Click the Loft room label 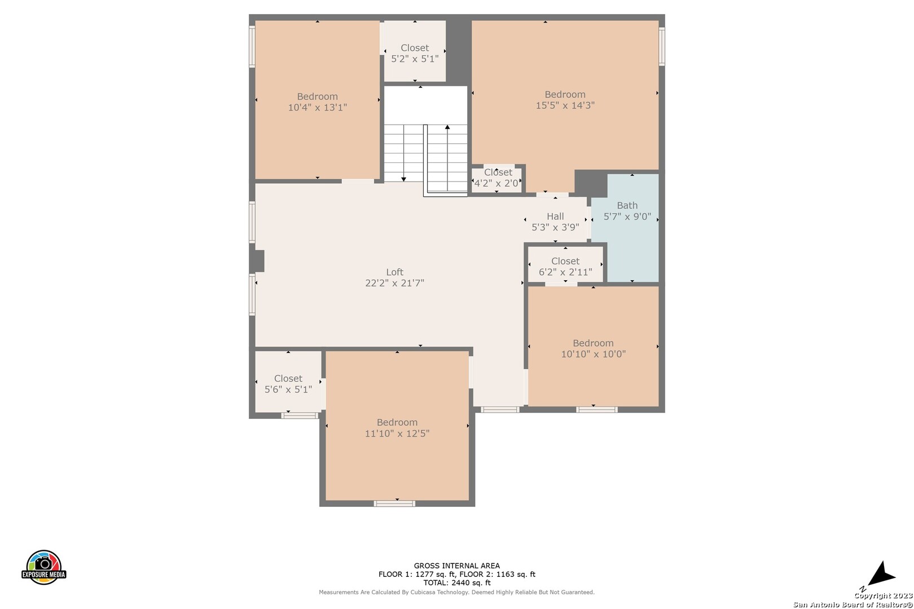point(394,272)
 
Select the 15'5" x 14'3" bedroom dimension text point(565,105)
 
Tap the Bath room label point(627,206)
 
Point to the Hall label point(555,216)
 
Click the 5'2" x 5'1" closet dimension point(415,59)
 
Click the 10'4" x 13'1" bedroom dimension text point(318,107)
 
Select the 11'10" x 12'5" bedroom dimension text point(397,433)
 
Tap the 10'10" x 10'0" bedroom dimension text point(594,354)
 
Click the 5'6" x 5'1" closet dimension point(288,390)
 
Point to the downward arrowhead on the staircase point(403,179)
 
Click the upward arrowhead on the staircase point(447,127)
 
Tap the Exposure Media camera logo point(43,567)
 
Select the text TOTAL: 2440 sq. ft point(456,583)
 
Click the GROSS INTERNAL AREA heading point(456,566)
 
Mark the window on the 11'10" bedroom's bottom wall point(394,504)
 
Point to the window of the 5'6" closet point(300,415)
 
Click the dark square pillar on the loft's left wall point(257,261)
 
